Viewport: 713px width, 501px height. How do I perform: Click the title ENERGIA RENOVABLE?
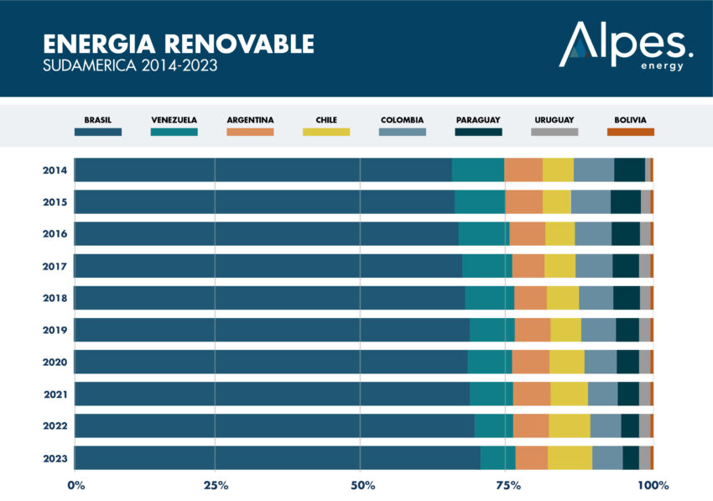coord(179,44)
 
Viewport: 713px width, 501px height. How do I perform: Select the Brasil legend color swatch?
coord(98,132)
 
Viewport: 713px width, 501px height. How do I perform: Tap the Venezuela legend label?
coord(174,120)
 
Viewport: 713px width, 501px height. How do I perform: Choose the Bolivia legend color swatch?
coord(630,132)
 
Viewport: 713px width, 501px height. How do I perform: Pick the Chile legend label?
coord(326,120)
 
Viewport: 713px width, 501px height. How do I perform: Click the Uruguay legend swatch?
coord(554,132)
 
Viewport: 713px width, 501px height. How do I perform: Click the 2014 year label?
coord(55,170)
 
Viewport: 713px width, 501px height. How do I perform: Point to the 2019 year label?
coord(55,330)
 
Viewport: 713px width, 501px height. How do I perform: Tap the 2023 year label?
coord(55,457)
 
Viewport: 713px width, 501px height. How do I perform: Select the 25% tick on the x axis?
coord(216,484)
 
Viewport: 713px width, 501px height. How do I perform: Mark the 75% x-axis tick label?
coord(506,484)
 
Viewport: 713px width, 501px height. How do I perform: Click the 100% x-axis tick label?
coord(652,484)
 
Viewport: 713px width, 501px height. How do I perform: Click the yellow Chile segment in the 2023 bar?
coord(570,457)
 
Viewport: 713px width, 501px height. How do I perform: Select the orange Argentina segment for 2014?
coord(523,170)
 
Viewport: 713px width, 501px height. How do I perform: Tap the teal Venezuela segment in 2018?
coord(490,298)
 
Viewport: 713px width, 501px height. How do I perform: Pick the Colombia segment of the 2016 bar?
coord(593,234)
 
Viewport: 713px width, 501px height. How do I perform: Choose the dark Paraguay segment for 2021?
coord(628,394)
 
